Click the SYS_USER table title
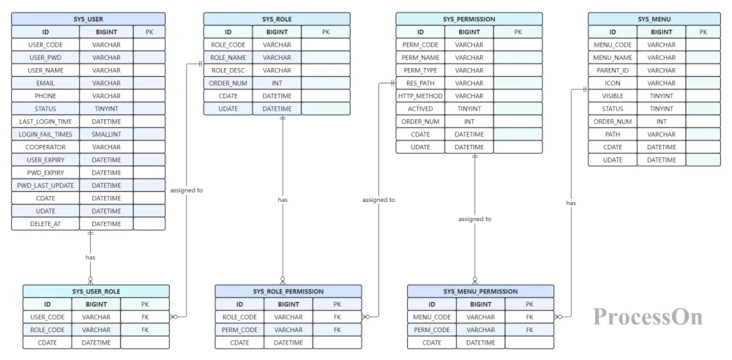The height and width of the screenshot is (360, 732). coord(89,19)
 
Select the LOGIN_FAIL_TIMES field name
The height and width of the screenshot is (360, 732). coord(45,134)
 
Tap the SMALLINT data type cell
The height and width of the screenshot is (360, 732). coord(106,134)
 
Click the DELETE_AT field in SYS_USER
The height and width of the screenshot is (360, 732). coord(45,224)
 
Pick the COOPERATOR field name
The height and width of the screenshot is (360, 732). coord(45,147)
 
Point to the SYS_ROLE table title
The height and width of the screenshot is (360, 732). coord(277,19)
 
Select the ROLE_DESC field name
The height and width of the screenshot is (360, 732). coord(228,70)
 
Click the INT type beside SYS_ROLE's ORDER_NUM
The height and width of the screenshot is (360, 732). coord(277,83)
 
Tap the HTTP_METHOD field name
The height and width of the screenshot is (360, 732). coord(420,96)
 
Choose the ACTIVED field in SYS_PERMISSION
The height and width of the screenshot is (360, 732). coord(420,109)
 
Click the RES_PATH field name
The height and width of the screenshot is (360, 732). coord(420,83)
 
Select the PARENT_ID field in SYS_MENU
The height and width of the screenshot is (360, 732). coord(613,70)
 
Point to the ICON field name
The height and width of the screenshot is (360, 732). coord(613,83)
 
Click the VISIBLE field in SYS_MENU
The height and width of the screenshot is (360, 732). coord(613,96)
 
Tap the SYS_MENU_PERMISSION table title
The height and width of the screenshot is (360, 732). coord(480,291)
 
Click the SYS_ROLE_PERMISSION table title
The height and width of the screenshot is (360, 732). coord(288,291)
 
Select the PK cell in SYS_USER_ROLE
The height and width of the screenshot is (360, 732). coord(145,304)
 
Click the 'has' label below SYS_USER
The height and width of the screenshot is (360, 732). coord(91,258)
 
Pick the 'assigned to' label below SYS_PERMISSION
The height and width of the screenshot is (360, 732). coord(475,219)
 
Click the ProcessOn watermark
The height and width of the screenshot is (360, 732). coord(648,317)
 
